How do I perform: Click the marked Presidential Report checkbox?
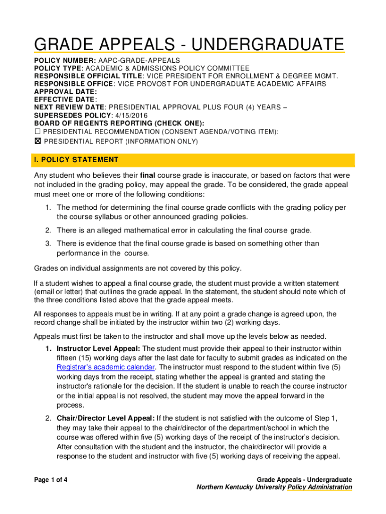37,142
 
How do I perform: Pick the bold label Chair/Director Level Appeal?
105,418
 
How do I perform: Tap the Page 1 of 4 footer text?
51,480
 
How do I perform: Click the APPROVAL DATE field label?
65,92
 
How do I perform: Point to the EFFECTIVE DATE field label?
65,99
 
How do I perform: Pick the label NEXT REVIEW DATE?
69,107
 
